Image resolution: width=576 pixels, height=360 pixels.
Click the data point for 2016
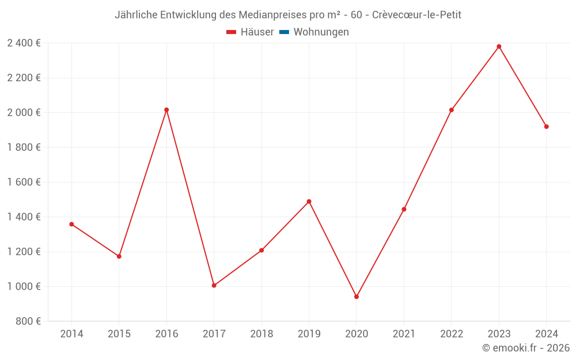166,109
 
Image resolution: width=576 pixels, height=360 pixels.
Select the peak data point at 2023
499,47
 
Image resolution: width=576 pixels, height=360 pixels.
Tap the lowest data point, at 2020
357,297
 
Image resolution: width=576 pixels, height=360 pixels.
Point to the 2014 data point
71,224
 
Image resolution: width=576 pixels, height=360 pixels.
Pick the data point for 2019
309,202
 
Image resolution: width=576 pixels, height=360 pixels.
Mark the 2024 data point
546,127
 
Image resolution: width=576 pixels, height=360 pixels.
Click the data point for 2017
214,285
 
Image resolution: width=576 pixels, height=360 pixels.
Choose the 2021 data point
404,209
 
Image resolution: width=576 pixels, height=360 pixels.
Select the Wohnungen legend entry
321,32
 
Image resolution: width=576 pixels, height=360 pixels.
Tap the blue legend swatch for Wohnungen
284,32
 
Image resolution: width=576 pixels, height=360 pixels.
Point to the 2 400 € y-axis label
24,43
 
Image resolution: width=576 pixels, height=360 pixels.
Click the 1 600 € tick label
24,182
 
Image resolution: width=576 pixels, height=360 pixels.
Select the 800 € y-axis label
27,321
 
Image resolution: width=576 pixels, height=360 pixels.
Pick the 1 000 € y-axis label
24,286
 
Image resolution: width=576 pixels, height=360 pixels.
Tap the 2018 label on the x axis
262,334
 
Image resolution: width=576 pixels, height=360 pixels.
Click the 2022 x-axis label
452,334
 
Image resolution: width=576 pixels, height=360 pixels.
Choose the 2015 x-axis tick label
119,334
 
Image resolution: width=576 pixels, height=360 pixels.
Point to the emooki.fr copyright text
526,348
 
